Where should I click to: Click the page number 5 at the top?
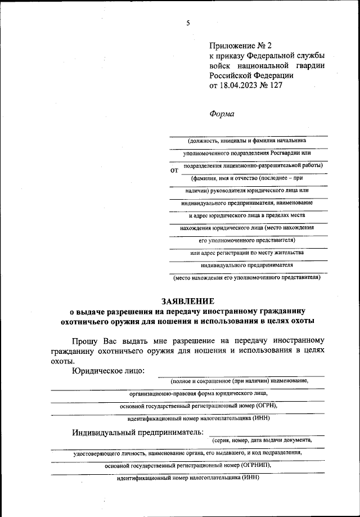[x=188, y=23]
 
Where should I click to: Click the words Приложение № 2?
[x=237, y=45]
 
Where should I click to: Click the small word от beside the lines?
[x=174, y=169]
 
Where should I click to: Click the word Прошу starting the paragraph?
[x=85, y=341]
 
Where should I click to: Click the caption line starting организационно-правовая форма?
[x=198, y=394]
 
